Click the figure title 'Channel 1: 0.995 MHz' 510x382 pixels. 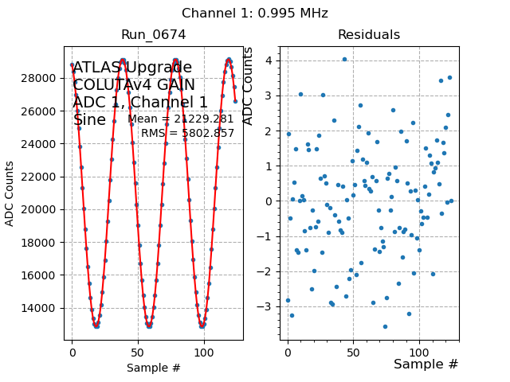point(254,14)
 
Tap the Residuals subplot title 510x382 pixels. point(368,35)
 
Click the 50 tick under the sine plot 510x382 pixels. point(138,351)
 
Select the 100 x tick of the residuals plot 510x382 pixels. point(419,351)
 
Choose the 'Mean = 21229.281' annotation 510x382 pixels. point(181,119)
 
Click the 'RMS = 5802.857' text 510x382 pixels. point(188,133)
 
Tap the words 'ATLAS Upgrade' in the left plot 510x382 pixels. point(132,68)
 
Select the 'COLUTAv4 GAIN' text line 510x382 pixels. point(134,85)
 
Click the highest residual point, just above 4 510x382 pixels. point(344,59)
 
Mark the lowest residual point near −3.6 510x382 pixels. point(385,326)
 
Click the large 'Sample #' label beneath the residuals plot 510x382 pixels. point(426,364)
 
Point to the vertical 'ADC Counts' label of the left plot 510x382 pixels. point(10,193)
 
